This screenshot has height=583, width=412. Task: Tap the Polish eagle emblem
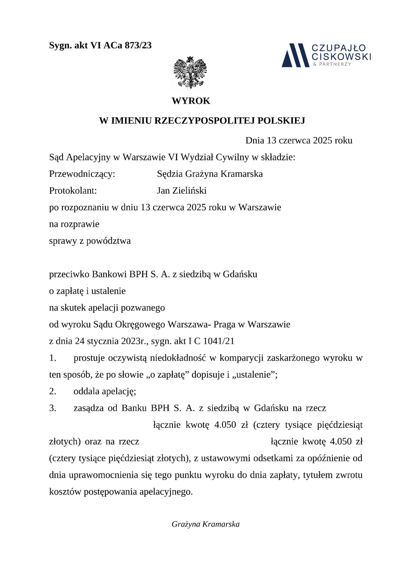click(x=190, y=73)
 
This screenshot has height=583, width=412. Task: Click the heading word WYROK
click(x=191, y=101)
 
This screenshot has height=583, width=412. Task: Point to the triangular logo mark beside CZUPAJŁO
click(x=295, y=55)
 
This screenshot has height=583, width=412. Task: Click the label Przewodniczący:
click(x=82, y=174)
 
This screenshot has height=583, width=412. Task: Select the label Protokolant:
click(x=73, y=190)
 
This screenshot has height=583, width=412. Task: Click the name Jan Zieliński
click(x=182, y=190)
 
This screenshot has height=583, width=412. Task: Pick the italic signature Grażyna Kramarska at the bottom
click(x=206, y=524)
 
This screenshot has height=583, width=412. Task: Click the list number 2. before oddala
click(x=53, y=391)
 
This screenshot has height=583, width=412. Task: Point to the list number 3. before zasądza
click(x=53, y=408)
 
